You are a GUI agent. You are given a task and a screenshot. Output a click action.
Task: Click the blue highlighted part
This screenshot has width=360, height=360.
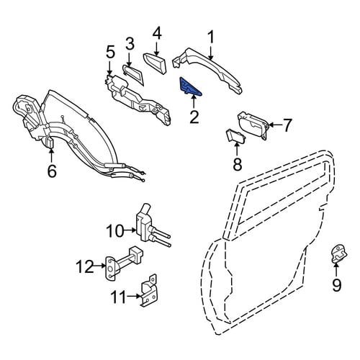189,87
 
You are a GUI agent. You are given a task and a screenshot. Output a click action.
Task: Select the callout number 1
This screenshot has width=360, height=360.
211,38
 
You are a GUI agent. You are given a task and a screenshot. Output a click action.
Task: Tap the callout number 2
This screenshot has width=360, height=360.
194,117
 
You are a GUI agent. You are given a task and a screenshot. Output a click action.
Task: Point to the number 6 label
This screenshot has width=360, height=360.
52,171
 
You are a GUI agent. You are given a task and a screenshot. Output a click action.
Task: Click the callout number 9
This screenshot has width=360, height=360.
336,285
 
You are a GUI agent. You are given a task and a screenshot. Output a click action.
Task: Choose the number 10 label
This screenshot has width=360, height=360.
114,230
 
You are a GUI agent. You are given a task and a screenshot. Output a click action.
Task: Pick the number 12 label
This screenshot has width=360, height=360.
85,266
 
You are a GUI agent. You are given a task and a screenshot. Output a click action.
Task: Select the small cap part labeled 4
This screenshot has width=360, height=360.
156,63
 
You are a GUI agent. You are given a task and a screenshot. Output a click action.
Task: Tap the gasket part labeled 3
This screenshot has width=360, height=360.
134,74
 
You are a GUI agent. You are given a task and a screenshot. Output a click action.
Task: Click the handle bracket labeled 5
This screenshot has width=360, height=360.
138,99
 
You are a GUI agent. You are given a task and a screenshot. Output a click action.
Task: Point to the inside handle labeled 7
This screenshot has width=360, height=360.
253,125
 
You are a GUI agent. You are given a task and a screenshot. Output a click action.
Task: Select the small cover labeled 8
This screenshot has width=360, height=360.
236,136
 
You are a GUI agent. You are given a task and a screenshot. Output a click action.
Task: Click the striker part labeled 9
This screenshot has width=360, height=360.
339,253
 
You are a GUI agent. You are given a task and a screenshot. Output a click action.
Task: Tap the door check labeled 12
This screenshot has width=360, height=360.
123,263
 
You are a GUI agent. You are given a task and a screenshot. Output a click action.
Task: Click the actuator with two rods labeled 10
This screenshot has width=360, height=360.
150,225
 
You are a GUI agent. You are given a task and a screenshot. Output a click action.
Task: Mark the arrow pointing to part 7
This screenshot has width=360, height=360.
276,125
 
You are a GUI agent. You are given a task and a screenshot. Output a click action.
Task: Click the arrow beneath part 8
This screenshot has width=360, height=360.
237,150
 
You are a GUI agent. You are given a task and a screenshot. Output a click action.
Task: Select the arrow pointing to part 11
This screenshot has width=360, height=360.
134,297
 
